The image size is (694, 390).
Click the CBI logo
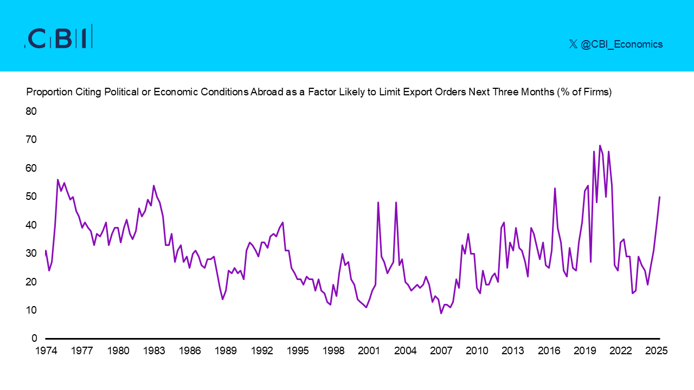pyautogui.click(x=59, y=37)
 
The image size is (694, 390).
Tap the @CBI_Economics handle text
pyautogui.click(x=621, y=44)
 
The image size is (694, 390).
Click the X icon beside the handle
pyautogui.click(x=573, y=44)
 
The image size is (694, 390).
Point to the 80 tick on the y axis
pyautogui.click(x=31, y=112)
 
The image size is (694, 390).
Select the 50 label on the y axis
pyautogui.click(x=31, y=197)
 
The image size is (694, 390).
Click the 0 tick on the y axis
pyautogui.click(x=34, y=339)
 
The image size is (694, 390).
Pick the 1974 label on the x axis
pyautogui.click(x=46, y=350)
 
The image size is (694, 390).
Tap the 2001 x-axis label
pyautogui.click(x=369, y=350)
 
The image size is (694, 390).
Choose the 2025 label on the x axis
pyautogui.click(x=657, y=350)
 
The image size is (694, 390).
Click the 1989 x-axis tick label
pyautogui.click(x=226, y=350)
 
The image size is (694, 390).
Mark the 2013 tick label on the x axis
pyautogui.click(x=513, y=350)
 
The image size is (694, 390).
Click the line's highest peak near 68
pyautogui.click(x=600, y=145)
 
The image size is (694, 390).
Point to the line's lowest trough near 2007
pyautogui.click(x=441, y=313)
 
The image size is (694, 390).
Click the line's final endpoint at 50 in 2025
pyautogui.click(x=659, y=197)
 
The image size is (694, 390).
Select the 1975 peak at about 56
pyautogui.click(x=58, y=179)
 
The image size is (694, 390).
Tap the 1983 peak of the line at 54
pyautogui.click(x=153, y=185)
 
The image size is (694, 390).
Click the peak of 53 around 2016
pyautogui.click(x=555, y=188)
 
